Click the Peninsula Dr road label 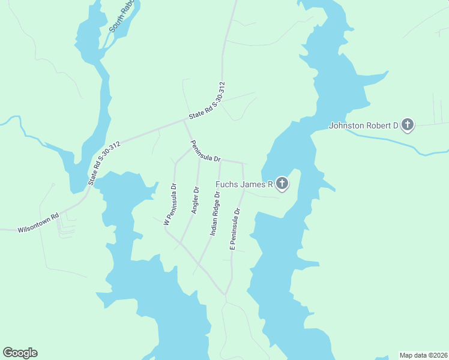pyautogui.click(x=206, y=151)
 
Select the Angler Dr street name pyautogui.click(x=194, y=200)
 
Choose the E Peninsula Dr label pyautogui.click(x=235, y=229)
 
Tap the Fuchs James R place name pyautogui.click(x=244, y=184)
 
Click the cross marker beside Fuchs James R pyautogui.click(x=282, y=184)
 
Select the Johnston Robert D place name pyautogui.click(x=364, y=125)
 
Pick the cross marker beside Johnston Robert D pyautogui.click(x=408, y=125)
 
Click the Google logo pyautogui.click(x=20, y=352)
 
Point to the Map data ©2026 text pyautogui.click(x=423, y=355)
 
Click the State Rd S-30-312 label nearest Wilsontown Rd pyautogui.click(x=104, y=163)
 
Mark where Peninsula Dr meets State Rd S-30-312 pyautogui.click(x=184, y=120)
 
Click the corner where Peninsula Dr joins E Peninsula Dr pyautogui.click(x=243, y=163)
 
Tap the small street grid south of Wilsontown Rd pyautogui.click(x=66, y=227)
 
